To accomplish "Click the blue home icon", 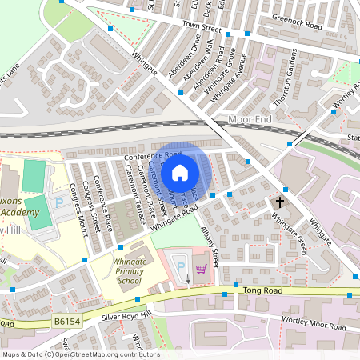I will [x=180, y=173].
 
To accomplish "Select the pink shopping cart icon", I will [x=201, y=269].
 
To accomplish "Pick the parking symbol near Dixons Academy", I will [x=58, y=203].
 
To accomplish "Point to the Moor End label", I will [x=250, y=119].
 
